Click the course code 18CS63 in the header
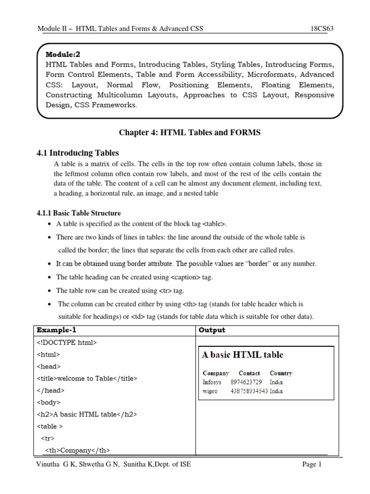[x=322, y=28]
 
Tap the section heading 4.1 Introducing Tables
[x=78, y=153]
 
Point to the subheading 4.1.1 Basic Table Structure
[x=79, y=213]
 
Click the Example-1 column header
[x=56, y=330]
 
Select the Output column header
[x=212, y=330]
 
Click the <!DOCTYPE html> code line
[x=67, y=343]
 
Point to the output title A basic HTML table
[x=242, y=355]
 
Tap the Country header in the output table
[x=281, y=373]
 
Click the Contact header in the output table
[x=249, y=373]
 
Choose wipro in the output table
[x=210, y=391]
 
